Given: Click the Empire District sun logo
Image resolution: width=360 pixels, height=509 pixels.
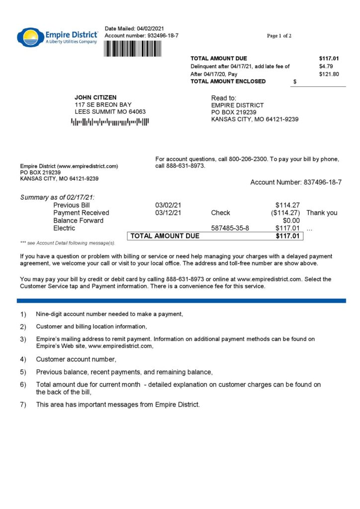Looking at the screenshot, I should tap(30, 37).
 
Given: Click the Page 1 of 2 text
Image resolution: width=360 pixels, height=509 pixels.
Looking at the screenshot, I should tap(279, 36).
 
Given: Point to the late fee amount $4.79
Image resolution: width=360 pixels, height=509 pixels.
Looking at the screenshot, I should tap(327, 66).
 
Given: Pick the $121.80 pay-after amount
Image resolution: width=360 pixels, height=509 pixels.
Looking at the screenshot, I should tap(329, 74).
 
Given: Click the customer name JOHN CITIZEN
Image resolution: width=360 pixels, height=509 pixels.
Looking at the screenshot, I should tap(96, 97).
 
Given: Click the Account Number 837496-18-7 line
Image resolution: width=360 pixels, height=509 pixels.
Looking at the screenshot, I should tap(296, 182).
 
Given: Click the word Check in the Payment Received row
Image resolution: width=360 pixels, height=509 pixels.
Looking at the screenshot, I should tap(220, 213).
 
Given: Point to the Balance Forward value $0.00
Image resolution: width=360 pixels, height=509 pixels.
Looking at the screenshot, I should tap(291, 220).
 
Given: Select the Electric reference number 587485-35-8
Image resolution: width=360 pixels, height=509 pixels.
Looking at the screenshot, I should tap(230, 228).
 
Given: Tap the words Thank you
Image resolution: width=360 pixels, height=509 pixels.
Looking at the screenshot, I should tap(322, 213).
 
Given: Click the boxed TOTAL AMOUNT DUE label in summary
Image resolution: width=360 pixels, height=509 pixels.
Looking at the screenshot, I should tap(165, 236).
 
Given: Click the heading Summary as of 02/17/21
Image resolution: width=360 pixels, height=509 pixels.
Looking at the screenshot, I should tap(57, 197).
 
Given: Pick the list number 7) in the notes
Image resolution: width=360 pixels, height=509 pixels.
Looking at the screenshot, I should tap(23, 405).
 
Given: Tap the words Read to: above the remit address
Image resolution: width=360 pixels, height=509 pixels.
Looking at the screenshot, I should tap(224, 98).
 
